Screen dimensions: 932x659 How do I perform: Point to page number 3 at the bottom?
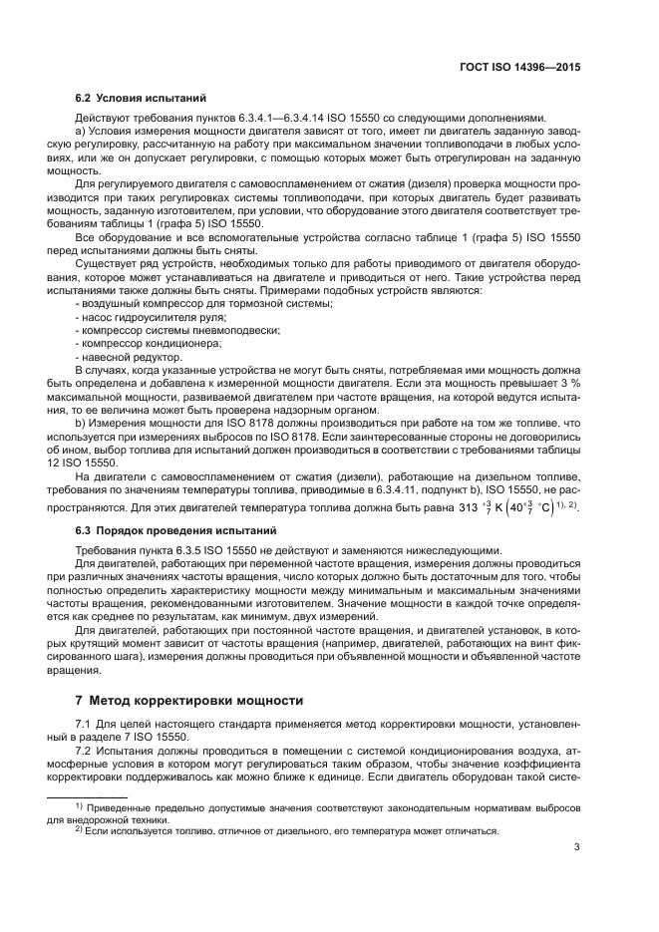pyautogui.click(x=577, y=848)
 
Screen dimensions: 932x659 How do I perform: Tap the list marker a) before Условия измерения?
pyautogui.click(x=81, y=132)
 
